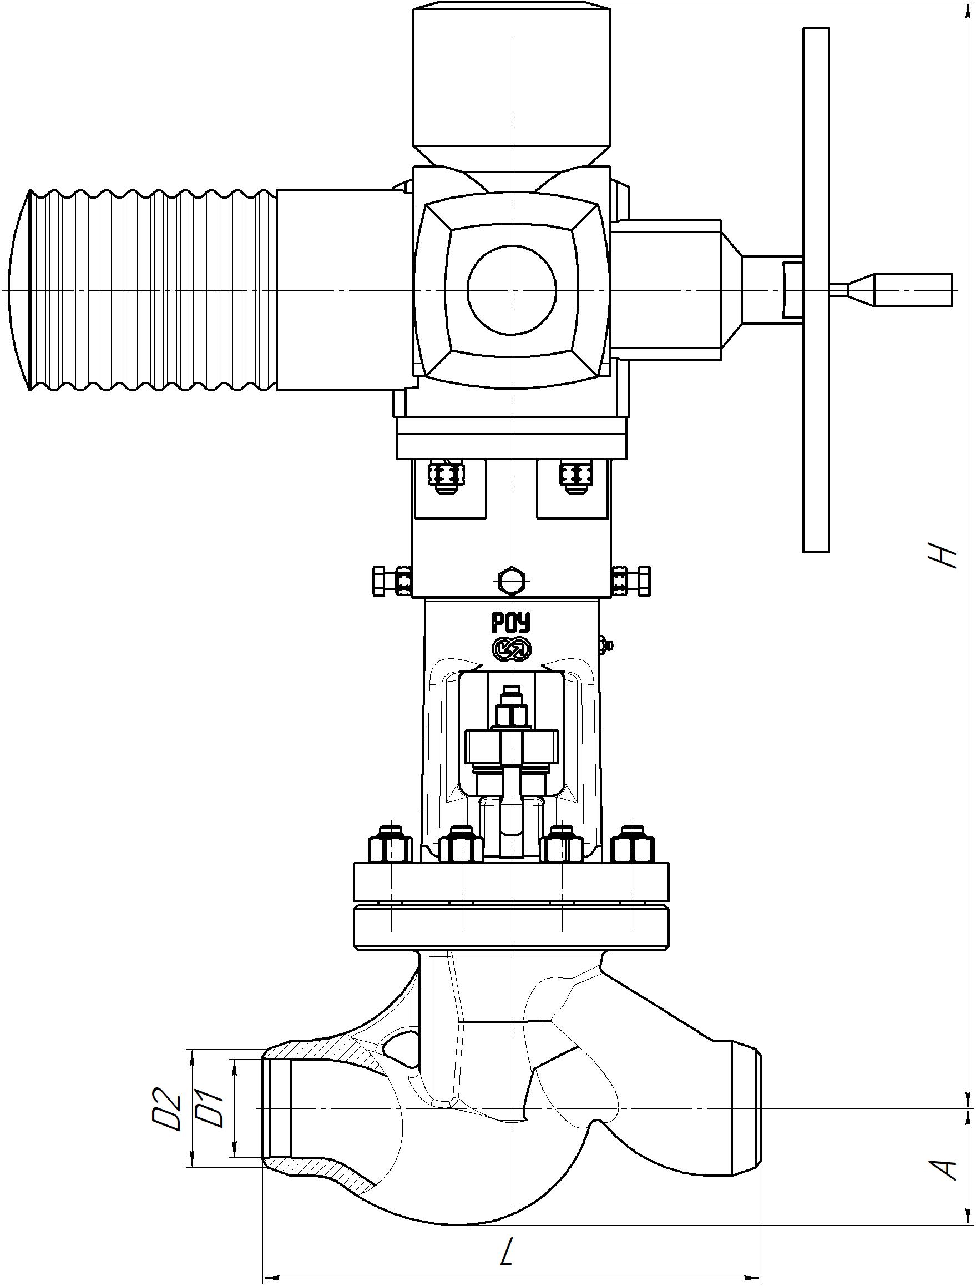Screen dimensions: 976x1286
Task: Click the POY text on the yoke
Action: (512, 624)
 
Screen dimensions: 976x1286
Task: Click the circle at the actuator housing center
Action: (512, 290)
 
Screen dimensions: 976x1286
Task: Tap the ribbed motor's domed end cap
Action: (20, 290)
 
